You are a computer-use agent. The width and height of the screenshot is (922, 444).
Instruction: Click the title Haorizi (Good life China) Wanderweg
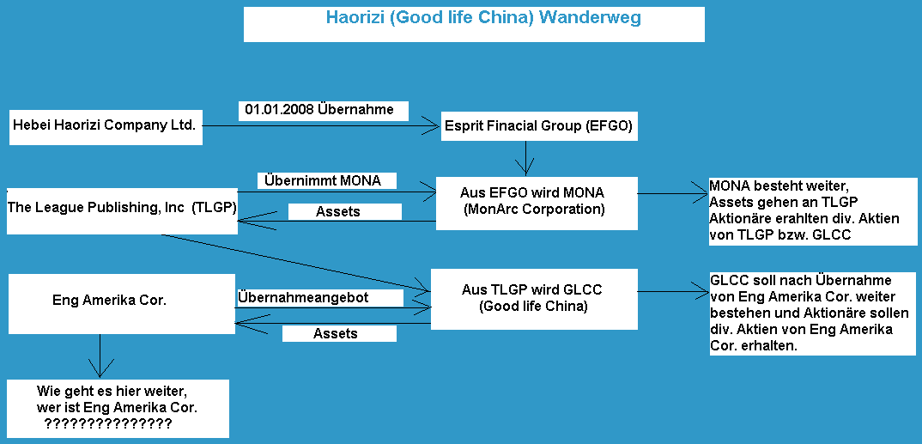tap(483, 18)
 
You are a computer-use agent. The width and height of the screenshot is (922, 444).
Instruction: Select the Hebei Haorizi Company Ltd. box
tap(106, 126)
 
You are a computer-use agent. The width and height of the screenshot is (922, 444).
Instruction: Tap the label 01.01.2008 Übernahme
tap(319, 110)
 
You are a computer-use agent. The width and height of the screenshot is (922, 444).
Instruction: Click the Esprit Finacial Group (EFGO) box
tap(538, 126)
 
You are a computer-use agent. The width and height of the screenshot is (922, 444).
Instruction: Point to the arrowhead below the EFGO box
tap(525, 169)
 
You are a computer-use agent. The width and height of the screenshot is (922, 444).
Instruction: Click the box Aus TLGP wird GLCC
tap(533, 299)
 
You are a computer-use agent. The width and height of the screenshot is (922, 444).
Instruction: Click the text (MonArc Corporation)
tap(533, 210)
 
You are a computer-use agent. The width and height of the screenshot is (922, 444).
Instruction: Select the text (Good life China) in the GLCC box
tap(533, 307)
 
